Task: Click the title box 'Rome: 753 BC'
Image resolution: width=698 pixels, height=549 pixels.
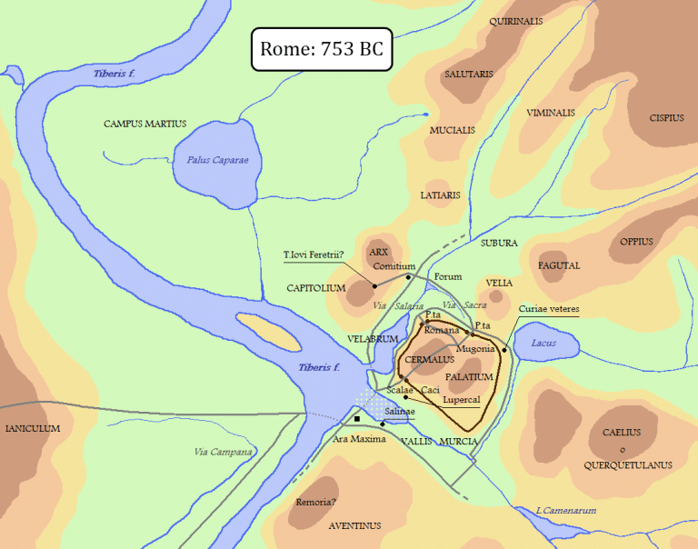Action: tap(321, 49)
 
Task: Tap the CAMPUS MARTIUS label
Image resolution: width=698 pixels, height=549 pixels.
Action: tap(145, 124)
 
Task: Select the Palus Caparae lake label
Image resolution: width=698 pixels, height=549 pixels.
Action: tap(217, 160)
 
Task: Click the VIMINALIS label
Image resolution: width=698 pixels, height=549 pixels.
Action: tap(550, 113)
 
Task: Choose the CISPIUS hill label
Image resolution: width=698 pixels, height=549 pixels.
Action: tap(666, 117)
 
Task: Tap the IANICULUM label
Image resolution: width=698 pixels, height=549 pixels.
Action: tap(33, 428)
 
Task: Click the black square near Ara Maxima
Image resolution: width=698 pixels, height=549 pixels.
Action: tap(357, 419)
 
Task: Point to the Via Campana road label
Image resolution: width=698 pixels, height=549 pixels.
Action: tap(223, 452)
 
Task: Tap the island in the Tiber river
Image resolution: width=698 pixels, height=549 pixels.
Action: tap(268, 332)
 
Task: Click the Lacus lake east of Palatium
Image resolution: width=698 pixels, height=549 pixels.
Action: tap(547, 344)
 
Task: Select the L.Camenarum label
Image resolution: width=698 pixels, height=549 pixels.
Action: tap(565, 511)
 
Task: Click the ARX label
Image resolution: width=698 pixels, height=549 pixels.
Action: tap(379, 252)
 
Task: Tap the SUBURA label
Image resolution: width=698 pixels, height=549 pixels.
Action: tap(499, 243)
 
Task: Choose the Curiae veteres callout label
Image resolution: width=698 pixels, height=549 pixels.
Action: tap(548, 309)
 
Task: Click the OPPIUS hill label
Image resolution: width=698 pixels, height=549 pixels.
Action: tap(636, 242)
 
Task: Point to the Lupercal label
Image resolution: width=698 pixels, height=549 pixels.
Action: tap(461, 399)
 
